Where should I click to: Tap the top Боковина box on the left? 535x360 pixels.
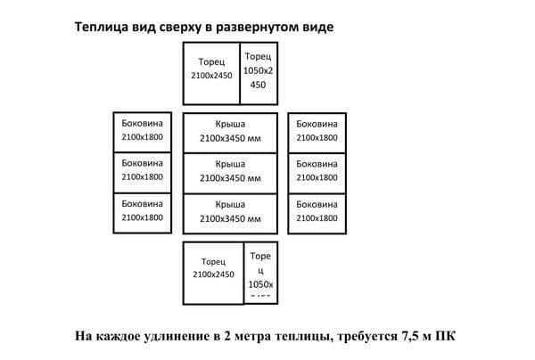(142, 132)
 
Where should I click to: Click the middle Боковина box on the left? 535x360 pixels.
(142, 172)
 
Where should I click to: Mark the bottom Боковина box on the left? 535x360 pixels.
(142, 212)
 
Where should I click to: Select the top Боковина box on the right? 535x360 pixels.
(317, 132)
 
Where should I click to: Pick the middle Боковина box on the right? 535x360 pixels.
(317, 172)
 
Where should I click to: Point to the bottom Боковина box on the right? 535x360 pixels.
(317, 212)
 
